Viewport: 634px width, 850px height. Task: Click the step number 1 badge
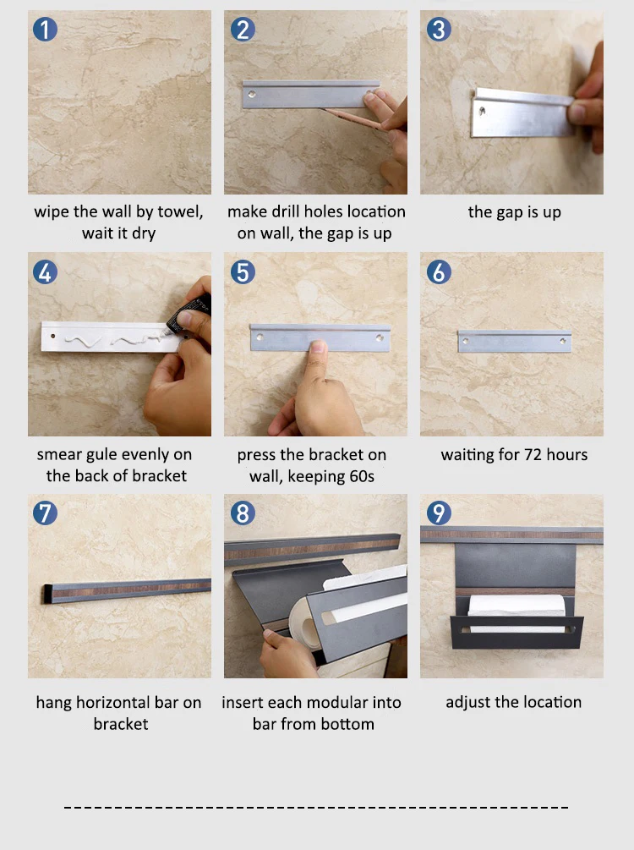(45, 30)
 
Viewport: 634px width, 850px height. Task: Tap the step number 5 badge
(243, 271)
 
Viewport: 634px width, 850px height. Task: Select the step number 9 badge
(439, 513)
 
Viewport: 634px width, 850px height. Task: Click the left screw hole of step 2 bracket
(252, 95)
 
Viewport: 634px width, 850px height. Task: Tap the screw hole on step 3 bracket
(482, 112)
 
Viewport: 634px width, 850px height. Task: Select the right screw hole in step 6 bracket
(563, 341)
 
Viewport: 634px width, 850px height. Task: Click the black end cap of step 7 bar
(47, 594)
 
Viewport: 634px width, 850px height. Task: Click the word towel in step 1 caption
(178, 211)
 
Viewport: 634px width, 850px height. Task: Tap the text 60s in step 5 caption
(362, 476)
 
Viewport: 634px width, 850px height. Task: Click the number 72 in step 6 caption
(533, 454)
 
